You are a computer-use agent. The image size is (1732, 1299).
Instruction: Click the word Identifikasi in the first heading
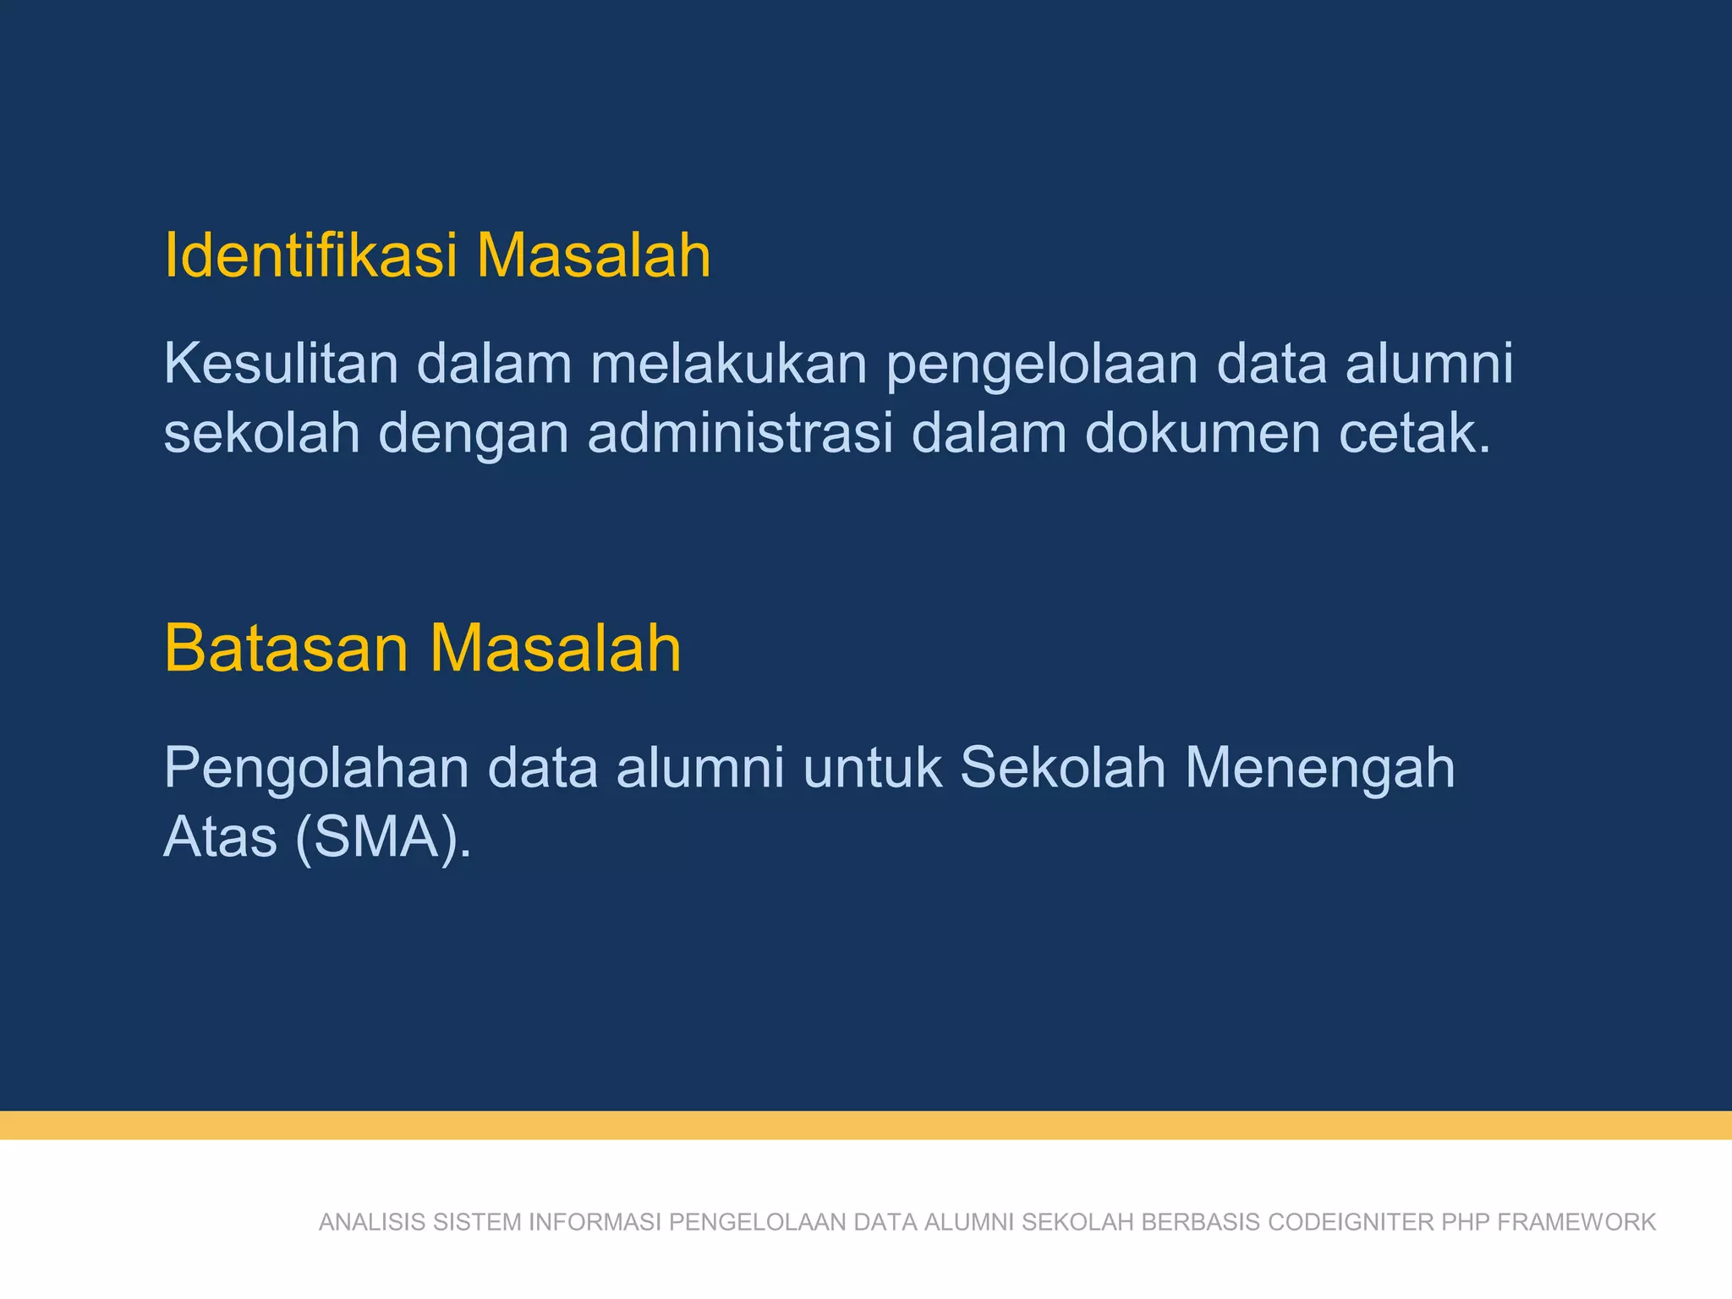click(x=310, y=255)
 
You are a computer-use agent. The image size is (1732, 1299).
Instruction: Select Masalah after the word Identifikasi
click(x=594, y=255)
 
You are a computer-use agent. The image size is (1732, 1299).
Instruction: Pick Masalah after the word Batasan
click(x=555, y=649)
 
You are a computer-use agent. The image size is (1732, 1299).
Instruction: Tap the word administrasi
click(x=740, y=433)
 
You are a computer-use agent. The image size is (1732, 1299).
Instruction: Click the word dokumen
click(x=1203, y=433)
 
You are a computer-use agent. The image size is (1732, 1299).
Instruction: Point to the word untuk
click(x=873, y=768)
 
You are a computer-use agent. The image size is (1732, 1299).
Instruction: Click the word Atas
click(x=220, y=837)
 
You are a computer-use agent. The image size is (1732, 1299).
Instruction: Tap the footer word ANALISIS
click(x=372, y=1222)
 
